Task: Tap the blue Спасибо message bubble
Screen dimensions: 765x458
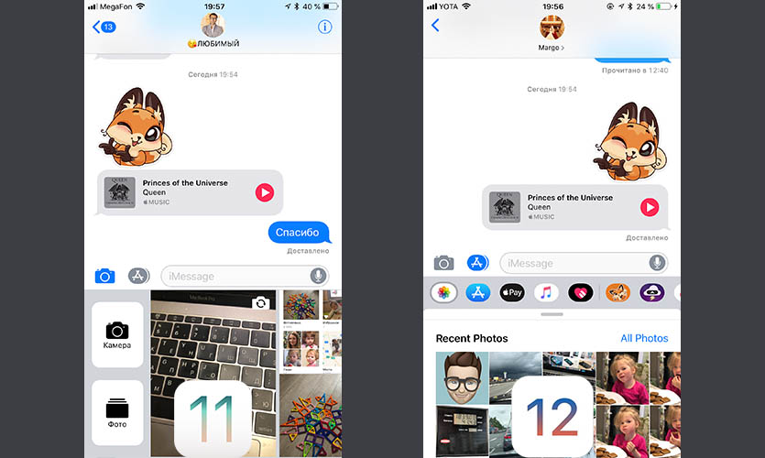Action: (299, 233)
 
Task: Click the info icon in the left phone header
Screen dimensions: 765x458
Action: (324, 27)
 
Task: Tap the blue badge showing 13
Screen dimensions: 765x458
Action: (108, 27)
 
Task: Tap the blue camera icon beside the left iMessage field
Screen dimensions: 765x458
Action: (104, 276)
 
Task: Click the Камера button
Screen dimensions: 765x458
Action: (117, 334)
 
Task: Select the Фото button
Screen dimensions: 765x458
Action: (117, 412)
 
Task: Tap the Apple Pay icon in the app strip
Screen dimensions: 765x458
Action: (512, 292)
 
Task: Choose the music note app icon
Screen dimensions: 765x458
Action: (546, 292)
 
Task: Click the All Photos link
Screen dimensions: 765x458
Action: (644, 338)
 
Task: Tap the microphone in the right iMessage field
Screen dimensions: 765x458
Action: (657, 263)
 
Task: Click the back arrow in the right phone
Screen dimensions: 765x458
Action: (435, 26)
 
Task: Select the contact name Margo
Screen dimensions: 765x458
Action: (549, 48)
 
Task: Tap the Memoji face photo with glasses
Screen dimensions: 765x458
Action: (462, 378)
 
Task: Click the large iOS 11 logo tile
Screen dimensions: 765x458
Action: (213, 419)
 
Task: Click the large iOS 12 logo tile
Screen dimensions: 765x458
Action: (552, 417)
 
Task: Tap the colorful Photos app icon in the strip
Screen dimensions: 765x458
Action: (443, 292)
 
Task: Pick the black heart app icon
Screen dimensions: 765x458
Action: (581, 292)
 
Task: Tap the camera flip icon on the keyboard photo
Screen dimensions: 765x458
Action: (260, 303)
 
